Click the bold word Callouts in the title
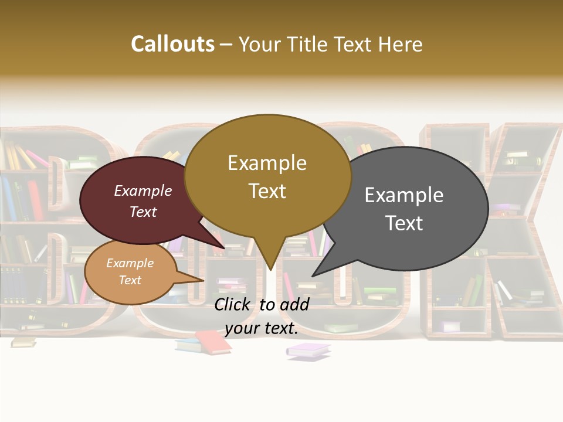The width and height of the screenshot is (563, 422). click(172, 44)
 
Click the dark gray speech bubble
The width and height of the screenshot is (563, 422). click(411, 205)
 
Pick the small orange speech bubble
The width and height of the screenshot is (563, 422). click(130, 271)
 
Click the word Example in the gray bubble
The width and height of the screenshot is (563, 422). click(404, 195)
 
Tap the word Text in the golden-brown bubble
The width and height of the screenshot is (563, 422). click(267, 191)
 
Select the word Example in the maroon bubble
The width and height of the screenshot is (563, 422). click(143, 190)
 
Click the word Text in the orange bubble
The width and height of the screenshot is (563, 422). click(130, 280)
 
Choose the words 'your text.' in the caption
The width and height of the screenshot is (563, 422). click(262, 328)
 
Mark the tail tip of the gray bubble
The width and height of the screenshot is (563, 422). click(313, 275)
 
